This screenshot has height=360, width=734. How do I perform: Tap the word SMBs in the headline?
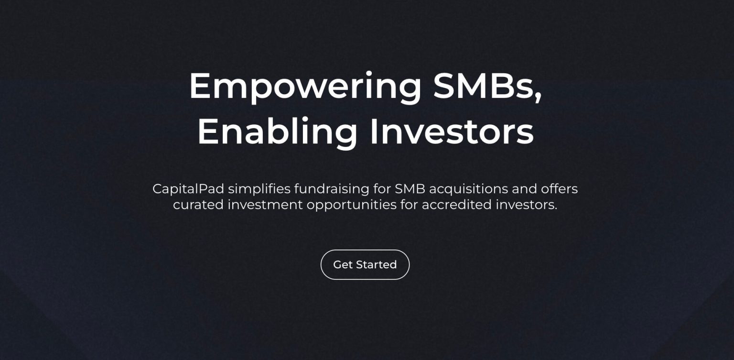pos(484,86)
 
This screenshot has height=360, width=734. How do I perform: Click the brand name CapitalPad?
pos(188,189)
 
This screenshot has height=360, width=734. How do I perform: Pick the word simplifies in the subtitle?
pos(259,189)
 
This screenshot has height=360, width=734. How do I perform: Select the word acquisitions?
pos(468,189)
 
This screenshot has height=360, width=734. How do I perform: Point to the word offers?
pos(559,189)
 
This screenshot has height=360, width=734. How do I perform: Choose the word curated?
pos(198,205)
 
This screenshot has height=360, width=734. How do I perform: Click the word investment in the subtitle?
pos(265,205)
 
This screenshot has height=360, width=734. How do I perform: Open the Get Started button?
pos(365,264)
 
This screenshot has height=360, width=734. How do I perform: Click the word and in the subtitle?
pos(524,189)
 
